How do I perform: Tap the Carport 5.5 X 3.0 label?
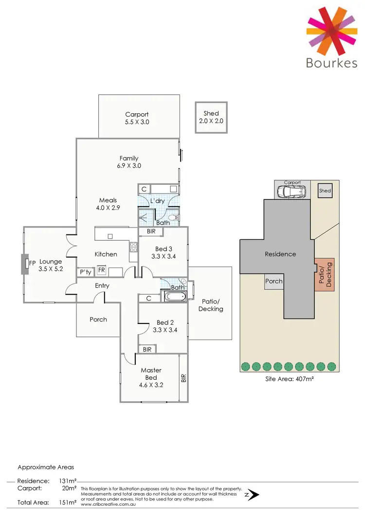(x=137, y=118)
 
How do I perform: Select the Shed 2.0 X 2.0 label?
(x=211, y=117)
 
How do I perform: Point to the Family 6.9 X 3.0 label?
(x=129, y=162)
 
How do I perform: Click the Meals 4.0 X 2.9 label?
(x=108, y=204)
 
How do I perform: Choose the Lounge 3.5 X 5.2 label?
(x=51, y=265)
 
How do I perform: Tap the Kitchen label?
(x=106, y=254)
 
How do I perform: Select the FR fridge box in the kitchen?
(x=102, y=270)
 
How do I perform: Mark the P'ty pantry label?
(x=86, y=272)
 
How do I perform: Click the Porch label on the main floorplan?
(x=98, y=320)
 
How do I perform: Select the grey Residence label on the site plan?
(x=280, y=254)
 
